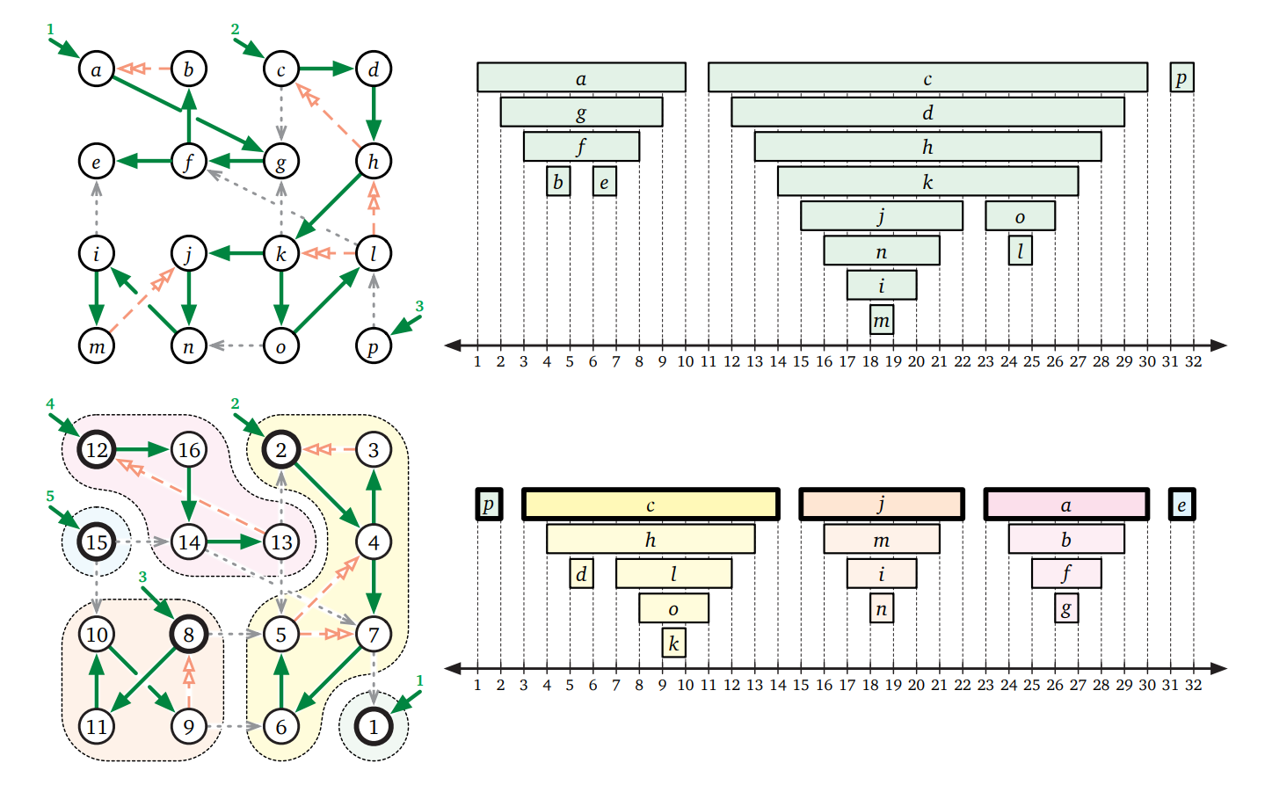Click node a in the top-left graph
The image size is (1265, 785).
97,69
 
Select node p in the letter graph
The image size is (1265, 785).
373,345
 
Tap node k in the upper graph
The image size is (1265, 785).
281,254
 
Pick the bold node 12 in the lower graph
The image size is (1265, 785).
97,450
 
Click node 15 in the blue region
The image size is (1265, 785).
97,542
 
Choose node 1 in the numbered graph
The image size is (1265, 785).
374,726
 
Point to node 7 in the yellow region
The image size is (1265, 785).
374,634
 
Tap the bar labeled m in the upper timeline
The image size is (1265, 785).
882,320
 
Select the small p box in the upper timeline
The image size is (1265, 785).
1181,77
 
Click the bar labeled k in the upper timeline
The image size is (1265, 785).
927,181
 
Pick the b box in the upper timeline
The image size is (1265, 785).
558,181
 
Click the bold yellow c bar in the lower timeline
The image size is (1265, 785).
651,505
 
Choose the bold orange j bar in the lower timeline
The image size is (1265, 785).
882,505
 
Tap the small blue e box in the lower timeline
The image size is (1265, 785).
1181,505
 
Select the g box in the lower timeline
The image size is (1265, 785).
1066,607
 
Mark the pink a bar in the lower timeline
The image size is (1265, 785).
1066,505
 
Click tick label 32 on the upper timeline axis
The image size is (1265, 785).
1193,361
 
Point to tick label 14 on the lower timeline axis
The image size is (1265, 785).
778,685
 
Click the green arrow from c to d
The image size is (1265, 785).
327,69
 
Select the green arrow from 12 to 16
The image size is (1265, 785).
142,450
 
